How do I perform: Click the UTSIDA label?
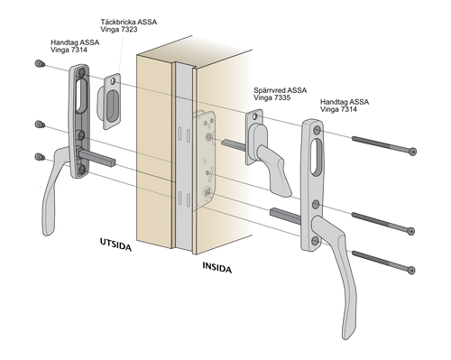115,245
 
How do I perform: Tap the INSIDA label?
217,267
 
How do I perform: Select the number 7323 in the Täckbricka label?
127,30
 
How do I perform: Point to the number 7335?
281,97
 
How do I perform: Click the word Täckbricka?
118,23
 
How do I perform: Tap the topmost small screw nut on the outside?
40,63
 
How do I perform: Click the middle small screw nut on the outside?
40,124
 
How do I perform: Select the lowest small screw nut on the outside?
40,157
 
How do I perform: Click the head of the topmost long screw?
413,152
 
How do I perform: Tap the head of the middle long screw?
410,231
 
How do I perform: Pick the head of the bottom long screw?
411,270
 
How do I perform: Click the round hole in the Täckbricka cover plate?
113,81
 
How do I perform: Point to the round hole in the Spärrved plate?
255,116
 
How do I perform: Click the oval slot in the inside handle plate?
317,157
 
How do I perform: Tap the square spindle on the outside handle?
97,158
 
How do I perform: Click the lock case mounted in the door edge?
205,160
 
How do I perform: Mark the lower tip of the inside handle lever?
346,337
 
